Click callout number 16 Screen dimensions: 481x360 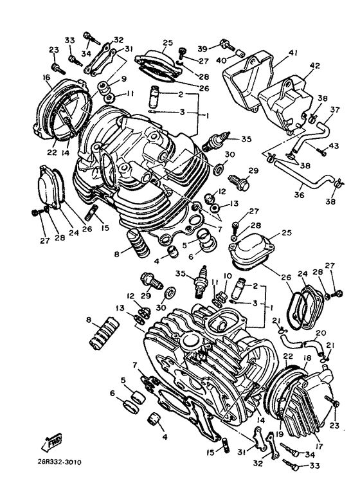coord(46,78)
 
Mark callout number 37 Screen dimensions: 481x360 coord(334,110)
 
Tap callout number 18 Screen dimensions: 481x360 coord(307,358)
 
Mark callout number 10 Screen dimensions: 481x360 coord(228,276)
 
